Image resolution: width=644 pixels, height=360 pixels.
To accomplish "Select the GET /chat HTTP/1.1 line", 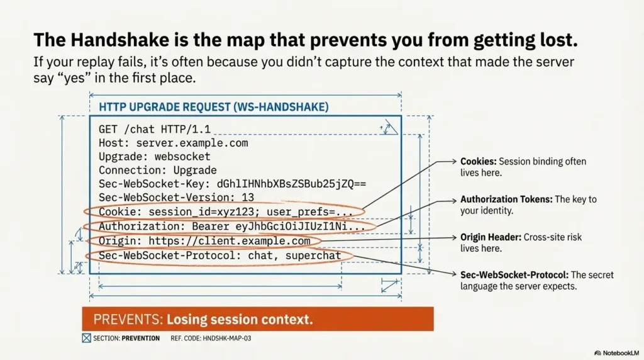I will coord(154,130).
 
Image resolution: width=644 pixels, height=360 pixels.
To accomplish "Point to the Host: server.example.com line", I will coord(173,143).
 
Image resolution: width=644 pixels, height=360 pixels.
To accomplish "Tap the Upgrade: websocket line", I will coord(154,157).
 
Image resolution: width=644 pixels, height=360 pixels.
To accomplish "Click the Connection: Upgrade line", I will coord(157,171).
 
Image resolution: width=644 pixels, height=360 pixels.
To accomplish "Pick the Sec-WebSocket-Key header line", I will coord(232,184).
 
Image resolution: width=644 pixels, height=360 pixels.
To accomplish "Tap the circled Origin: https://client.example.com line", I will coord(204,241).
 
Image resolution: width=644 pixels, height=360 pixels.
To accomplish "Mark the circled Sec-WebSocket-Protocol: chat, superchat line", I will coord(219,256).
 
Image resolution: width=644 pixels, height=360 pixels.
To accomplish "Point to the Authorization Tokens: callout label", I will coord(505,200).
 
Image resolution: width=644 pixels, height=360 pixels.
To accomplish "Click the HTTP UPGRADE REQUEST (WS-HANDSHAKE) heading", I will coord(214,108).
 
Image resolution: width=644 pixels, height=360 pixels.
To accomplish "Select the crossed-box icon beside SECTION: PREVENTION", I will coord(86,339).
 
